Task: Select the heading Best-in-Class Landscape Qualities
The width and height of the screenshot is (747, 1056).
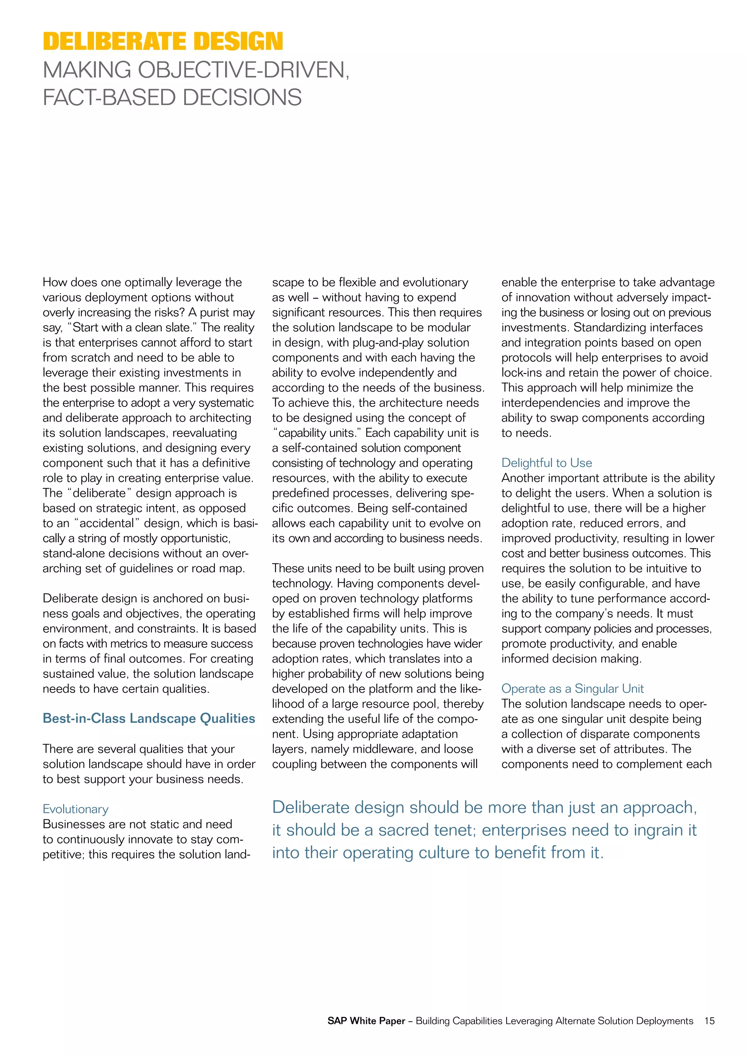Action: (148, 718)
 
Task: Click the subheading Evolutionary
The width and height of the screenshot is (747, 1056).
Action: (76, 809)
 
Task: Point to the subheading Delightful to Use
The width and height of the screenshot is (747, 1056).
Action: (546, 463)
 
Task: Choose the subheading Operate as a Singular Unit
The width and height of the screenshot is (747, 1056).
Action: (572, 688)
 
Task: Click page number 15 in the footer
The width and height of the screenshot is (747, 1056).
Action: (709, 1021)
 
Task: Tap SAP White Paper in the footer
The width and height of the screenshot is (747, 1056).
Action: (366, 1021)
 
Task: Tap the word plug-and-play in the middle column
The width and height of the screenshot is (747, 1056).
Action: (375, 343)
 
